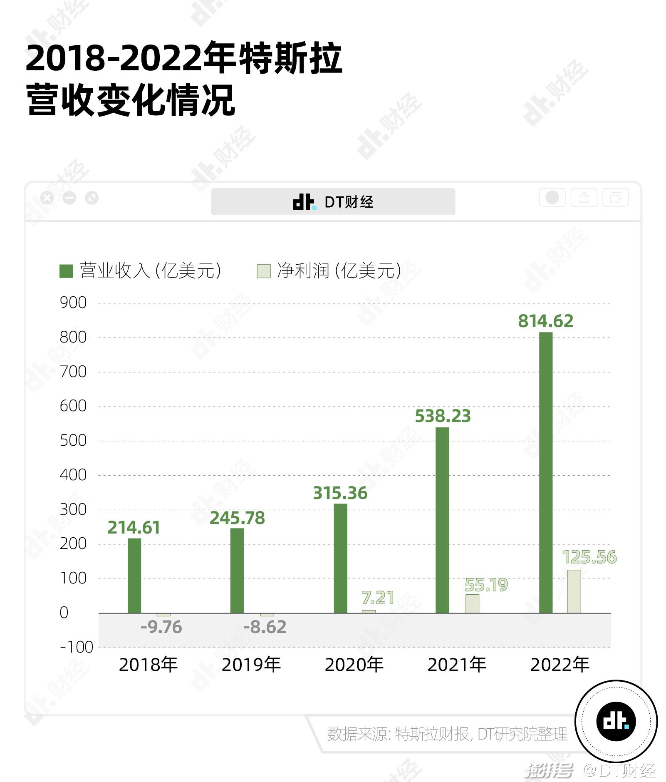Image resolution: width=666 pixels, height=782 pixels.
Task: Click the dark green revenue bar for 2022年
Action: [545, 472]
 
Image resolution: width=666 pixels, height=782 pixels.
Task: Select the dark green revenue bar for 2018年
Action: [134, 575]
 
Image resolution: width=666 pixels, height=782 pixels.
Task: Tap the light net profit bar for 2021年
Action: [472, 603]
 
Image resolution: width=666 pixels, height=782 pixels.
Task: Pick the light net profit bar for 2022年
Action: [574, 591]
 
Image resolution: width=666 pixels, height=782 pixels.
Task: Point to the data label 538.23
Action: [443, 416]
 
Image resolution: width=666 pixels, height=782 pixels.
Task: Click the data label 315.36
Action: [340, 493]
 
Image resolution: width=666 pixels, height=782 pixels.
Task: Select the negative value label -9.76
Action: [161, 627]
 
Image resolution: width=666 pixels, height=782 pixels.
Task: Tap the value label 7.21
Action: [378, 598]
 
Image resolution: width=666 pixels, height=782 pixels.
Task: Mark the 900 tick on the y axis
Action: [73, 303]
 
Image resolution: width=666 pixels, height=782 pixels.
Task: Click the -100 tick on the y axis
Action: [77, 647]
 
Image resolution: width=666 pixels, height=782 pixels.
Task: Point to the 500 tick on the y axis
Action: [73, 440]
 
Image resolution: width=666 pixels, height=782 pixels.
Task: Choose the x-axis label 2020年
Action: [354, 665]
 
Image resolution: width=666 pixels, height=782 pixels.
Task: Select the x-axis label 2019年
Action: [251, 665]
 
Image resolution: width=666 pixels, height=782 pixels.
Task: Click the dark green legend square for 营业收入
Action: [66, 271]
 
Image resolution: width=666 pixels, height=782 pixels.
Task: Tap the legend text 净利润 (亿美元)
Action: [339, 271]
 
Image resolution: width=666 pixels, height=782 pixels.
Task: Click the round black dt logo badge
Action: [616, 721]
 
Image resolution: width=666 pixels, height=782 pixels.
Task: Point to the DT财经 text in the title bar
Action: [349, 202]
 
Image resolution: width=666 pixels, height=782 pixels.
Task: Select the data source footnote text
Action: [447, 734]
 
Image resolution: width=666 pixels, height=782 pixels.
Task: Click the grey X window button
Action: [47, 198]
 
